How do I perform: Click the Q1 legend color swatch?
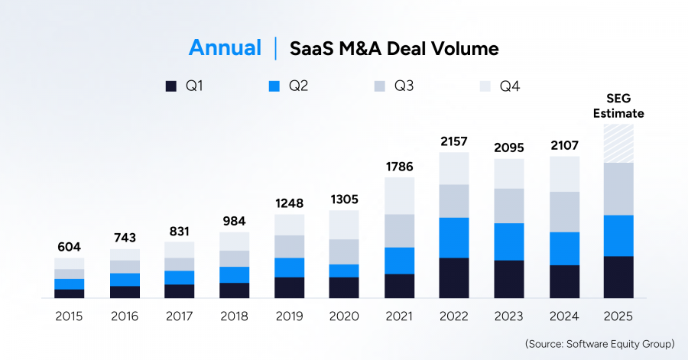click(171, 86)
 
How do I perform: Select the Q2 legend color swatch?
click(274, 86)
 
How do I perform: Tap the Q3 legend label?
click(404, 86)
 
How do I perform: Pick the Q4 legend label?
click(510, 86)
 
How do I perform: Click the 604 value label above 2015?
click(69, 247)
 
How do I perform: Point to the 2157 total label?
click(453, 141)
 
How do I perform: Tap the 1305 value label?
click(343, 199)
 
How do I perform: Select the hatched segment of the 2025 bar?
click(618, 143)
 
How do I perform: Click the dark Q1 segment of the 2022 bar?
click(453, 277)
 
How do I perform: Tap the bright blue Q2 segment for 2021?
click(398, 260)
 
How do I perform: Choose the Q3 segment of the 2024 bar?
click(563, 211)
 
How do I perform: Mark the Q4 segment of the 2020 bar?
click(343, 225)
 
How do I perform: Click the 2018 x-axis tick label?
click(233, 316)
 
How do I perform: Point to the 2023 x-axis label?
click(508, 316)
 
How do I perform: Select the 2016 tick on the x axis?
click(124, 316)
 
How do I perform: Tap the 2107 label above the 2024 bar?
click(563, 145)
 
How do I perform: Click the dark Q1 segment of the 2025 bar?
click(618, 277)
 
